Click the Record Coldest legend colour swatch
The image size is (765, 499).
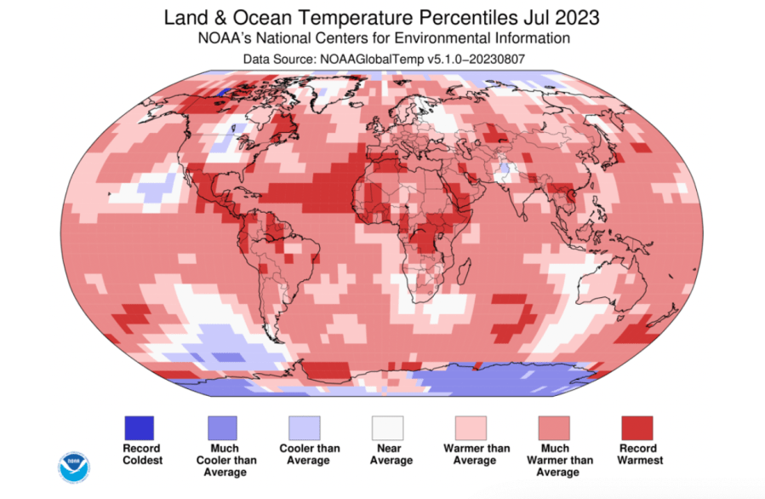pyautogui.click(x=140, y=427)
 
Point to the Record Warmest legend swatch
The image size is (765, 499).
pyautogui.click(x=637, y=427)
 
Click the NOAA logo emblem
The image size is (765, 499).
pyautogui.click(x=73, y=467)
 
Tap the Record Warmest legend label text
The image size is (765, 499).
pyautogui.click(x=637, y=455)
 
